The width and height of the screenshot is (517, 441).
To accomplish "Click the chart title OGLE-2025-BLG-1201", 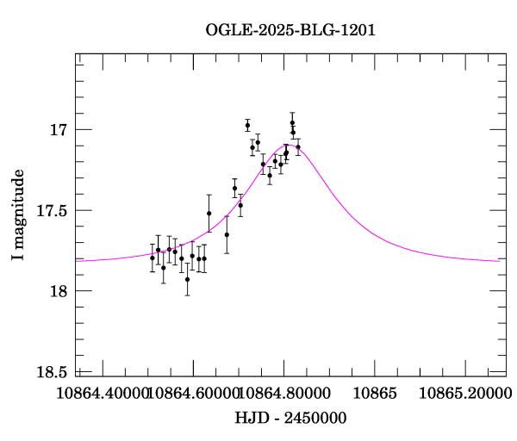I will click(290, 30).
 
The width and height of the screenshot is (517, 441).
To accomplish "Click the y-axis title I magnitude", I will click(18, 215).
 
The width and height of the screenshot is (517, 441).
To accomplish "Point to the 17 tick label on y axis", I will click(59, 130).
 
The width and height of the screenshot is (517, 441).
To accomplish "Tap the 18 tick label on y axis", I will click(59, 291).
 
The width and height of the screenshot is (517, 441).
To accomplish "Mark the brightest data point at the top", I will click(292, 122).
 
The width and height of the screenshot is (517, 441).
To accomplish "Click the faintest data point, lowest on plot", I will click(187, 279).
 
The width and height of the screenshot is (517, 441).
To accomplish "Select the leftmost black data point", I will click(153, 258).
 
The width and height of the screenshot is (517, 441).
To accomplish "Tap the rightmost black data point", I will click(298, 147).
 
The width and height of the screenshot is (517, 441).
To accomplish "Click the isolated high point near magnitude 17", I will click(247, 126).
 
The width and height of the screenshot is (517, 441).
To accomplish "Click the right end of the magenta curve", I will click(498, 260).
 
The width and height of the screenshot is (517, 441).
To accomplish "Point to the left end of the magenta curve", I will click(77, 259).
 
